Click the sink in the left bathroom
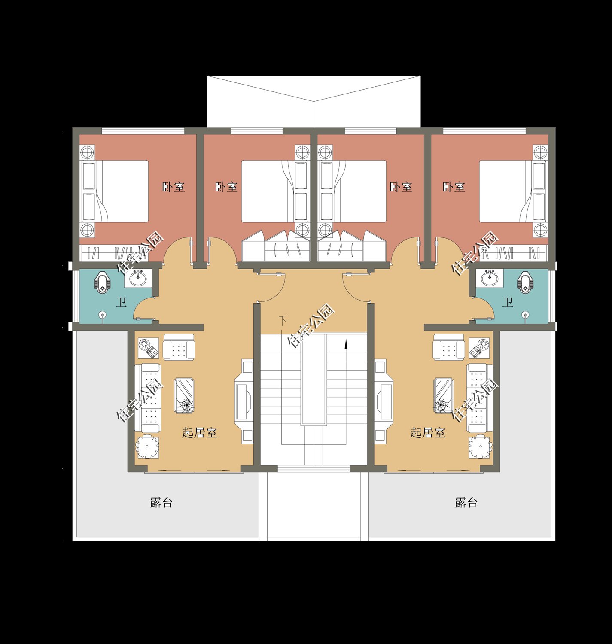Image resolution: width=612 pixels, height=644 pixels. coord(138,279)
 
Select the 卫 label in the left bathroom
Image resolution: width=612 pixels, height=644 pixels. coord(121,302)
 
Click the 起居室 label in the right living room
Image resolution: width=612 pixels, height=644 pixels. coord(428,433)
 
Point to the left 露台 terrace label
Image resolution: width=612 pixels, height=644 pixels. coord(161,502)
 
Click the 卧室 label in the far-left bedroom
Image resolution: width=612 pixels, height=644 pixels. coord(174,187)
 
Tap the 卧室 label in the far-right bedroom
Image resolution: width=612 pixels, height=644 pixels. coord(454,187)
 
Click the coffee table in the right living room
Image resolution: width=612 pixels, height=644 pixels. coord(444,395)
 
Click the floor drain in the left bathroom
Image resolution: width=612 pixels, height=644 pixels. coord(103,315)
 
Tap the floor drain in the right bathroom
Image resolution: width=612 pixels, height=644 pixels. coord(526,315)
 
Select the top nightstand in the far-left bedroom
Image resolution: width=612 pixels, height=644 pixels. coord(88,152)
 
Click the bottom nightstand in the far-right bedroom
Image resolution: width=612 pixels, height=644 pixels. coord(540,230)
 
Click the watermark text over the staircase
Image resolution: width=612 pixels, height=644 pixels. coord(311,326)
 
